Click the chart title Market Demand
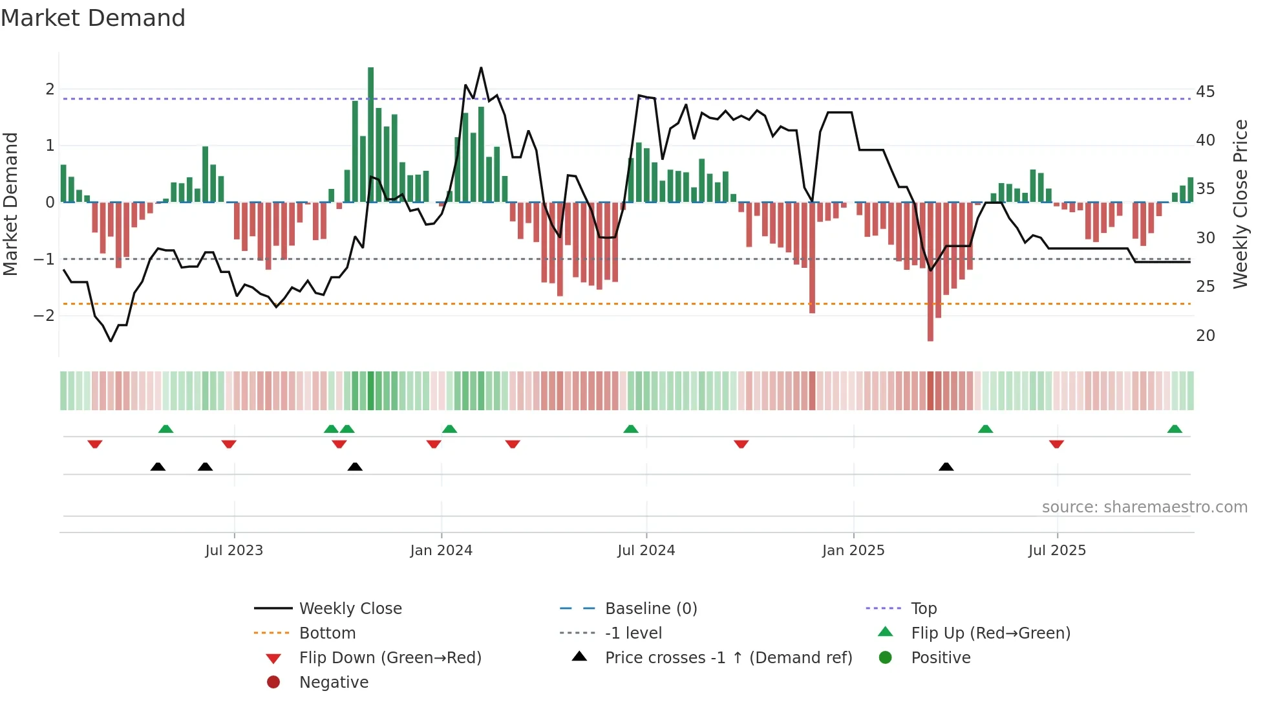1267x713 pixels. click(x=93, y=18)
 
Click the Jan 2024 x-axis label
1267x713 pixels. click(x=441, y=551)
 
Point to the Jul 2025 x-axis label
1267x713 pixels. click(x=1057, y=551)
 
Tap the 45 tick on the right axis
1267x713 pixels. click(x=1205, y=92)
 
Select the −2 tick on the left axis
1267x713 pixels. click(x=44, y=316)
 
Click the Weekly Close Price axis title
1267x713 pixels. click(x=1240, y=204)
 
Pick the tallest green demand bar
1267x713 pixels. click(x=370, y=135)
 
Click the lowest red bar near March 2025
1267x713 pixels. click(x=930, y=272)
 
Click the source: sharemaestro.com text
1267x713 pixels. click(x=1144, y=507)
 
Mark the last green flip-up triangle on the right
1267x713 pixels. click(x=1175, y=429)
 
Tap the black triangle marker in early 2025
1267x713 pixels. click(x=946, y=466)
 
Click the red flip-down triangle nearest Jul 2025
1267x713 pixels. click(x=1056, y=444)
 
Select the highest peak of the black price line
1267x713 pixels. click(x=481, y=69)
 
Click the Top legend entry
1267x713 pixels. click(x=923, y=609)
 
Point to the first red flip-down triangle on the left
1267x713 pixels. click(x=95, y=444)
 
